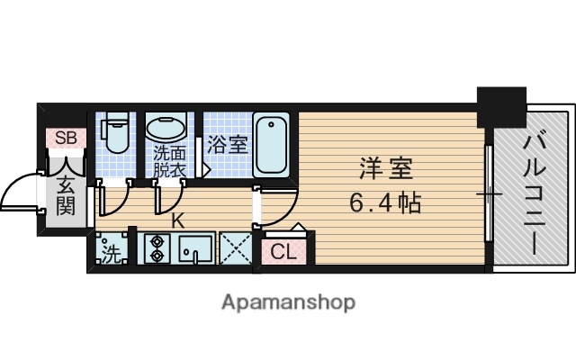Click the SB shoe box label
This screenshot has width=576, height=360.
[66, 138]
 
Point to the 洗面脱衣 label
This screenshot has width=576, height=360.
[168, 159]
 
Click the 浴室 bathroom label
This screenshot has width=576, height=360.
[227, 144]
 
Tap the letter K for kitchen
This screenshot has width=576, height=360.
[177, 218]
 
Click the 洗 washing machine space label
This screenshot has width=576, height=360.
[109, 252]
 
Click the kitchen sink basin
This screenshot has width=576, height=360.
[193, 247]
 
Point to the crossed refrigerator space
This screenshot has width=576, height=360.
[235, 247]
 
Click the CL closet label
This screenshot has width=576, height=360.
[283, 253]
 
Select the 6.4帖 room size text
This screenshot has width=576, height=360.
[384, 203]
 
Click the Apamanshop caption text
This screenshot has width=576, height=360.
[288, 301]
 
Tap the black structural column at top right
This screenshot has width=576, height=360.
[500, 107]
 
